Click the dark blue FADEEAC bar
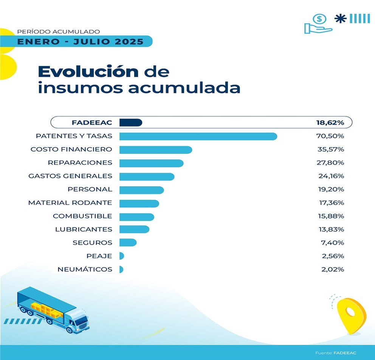[130, 122]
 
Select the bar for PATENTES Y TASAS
[198, 136]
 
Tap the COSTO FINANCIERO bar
[155, 150]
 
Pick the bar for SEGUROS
[128, 243]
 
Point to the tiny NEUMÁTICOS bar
[121, 269]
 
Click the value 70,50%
[331, 136]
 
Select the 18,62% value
[330, 122]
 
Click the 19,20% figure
[331, 189]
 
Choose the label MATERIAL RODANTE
[70, 203]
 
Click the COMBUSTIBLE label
[82, 216]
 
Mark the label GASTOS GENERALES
[70, 176]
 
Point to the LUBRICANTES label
[84, 229]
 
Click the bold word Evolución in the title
[88, 71]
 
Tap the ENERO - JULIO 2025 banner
[80, 41]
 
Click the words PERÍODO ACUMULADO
[59, 32]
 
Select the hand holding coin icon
[318, 24]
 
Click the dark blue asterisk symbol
[341, 19]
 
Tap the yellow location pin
[351, 315]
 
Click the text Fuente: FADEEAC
[336, 353]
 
